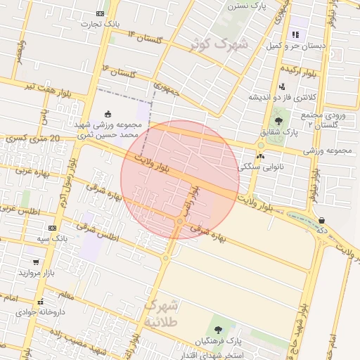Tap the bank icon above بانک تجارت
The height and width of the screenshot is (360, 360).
tap(101, 13)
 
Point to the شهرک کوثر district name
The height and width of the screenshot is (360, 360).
tap(219, 44)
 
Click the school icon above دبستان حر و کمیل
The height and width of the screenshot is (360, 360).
tap(295, 34)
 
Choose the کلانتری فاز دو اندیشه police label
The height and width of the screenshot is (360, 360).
tap(288, 96)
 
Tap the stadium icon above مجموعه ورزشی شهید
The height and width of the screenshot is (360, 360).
tap(107, 114)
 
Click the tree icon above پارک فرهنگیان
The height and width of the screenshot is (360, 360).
tap(217, 330)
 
